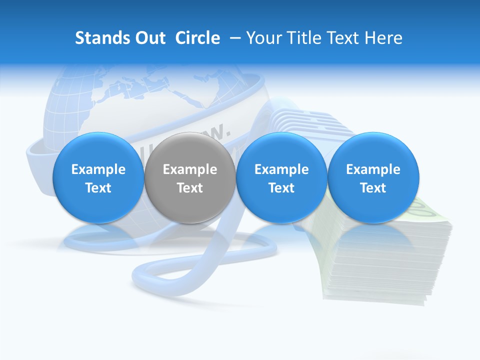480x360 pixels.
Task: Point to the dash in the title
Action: pos(233,38)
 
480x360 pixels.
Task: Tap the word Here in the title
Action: pos(384,38)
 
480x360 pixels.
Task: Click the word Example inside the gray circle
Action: pos(190,169)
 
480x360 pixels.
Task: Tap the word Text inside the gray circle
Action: pos(190,188)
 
